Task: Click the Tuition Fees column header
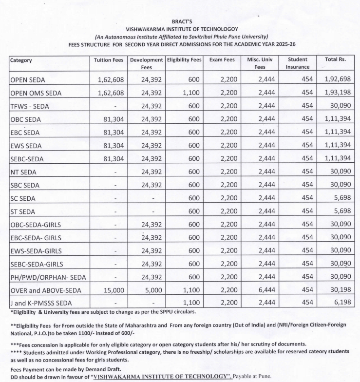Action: point(109,60)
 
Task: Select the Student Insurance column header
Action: point(298,63)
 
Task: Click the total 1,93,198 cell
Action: point(336,93)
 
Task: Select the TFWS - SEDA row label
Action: point(30,106)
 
